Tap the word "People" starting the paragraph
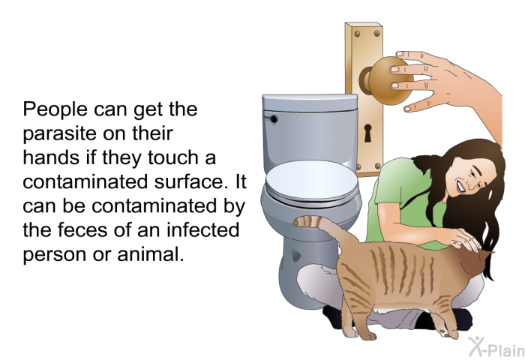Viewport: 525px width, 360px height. coord(55,109)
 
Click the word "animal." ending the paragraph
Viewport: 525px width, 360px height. coord(151,254)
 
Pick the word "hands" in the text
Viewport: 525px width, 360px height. coord(52,157)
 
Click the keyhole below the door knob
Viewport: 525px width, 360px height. coord(367,133)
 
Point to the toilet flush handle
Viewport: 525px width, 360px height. coord(271,118)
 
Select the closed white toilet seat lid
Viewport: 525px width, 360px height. coord(312,181)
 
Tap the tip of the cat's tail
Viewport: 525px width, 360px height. coord(296,221)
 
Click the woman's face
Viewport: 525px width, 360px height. coord(475,176)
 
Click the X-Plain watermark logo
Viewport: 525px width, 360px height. coord(496,346)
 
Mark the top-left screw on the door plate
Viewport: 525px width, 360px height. coord(357,34)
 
